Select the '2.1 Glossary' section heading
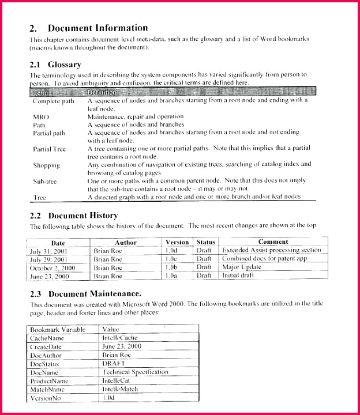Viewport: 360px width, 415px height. click(x=55, y=65)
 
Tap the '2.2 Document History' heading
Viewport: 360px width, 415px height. click(x=73, y=216)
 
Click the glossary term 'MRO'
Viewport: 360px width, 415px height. click(x=41, y=116)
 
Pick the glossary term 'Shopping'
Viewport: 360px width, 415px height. click(x=46, y=165)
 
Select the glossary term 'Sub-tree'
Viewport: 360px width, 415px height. click(x=44, y=181)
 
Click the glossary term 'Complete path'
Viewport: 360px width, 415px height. click(x=53, y=101)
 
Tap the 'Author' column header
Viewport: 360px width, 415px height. click(x=125, y=243)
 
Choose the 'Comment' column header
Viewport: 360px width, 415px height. click(x=273, y=242)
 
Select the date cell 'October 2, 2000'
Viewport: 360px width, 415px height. click(x=52, y=267)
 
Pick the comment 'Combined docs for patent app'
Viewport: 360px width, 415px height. click(x=264, y=259)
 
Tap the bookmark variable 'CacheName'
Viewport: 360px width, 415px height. click(x=47, y=338)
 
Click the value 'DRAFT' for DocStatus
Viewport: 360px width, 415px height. click(x=114, y=364)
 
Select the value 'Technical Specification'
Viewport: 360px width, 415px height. click(x=135, y=372)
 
